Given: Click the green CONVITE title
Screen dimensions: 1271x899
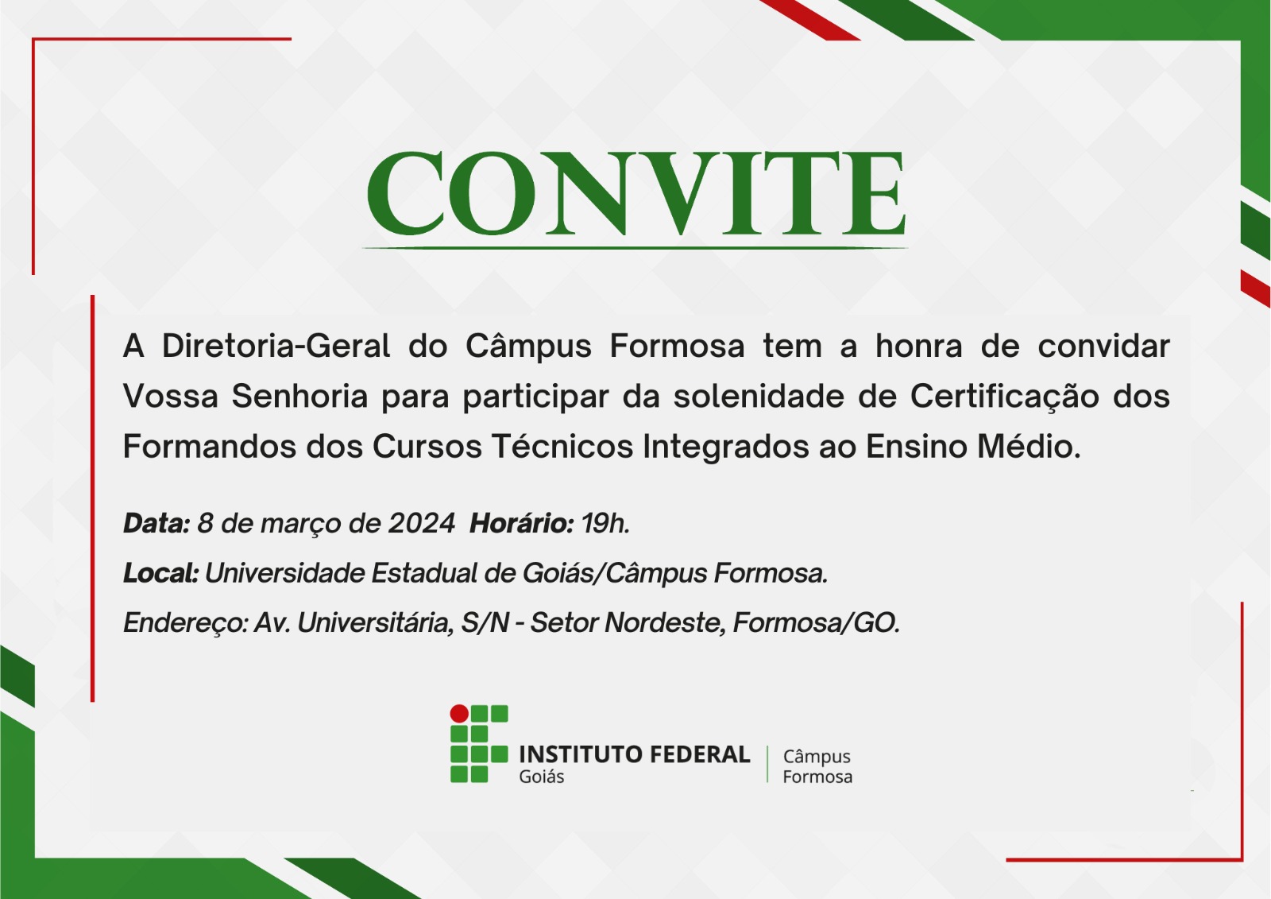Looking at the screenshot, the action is tap(635, 193).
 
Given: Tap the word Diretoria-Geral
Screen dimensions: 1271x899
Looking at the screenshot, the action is tap(276, 346).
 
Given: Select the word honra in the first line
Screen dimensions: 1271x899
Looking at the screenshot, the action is tap(918, 346).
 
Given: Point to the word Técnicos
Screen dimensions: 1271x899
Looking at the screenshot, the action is tap(562, 446).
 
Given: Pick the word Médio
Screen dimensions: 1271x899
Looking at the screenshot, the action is tap(1029, 446).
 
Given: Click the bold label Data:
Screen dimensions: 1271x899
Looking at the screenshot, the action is tap(156, 523).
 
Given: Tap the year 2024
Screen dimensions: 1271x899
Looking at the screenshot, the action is tap(422, 523).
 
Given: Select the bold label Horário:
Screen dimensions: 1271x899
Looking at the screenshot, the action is tap(521, 523).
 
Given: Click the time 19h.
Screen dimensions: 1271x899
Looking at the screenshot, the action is tap(605, 523).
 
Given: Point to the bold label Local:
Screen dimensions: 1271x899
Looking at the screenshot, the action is tap(160, 573).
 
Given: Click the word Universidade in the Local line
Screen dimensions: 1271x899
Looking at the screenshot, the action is tap(285, 573).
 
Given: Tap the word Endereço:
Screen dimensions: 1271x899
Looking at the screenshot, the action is tap(186, 623).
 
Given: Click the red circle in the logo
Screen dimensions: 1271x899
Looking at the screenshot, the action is tap(459, 713).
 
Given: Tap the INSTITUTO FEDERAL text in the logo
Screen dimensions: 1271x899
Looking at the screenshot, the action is tap(635, 754).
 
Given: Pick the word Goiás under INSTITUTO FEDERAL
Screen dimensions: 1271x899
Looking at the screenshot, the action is tap(541, 777).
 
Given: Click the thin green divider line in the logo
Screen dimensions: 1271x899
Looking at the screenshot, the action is tap(767, 765).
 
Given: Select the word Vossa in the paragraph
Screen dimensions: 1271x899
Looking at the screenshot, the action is tap(171, 396).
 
